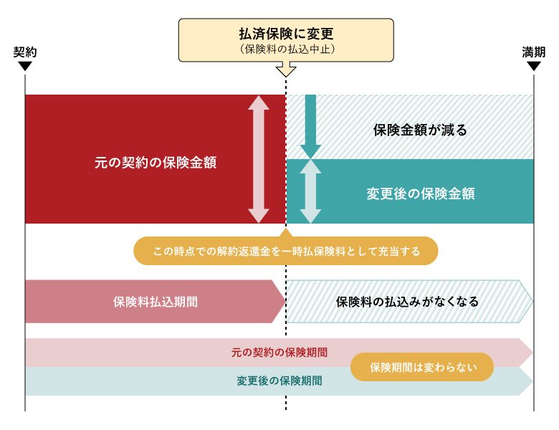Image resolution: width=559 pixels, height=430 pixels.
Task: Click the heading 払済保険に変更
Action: point(286,34)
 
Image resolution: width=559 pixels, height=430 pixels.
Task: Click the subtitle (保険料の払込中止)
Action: point(286,49)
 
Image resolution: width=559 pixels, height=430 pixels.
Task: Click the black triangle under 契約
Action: point(24,66)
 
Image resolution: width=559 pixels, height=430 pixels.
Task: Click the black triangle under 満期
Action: point(533,66)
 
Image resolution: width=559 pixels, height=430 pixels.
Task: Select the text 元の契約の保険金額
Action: point(156,163)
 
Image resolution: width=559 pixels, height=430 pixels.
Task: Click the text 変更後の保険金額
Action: point(421,193)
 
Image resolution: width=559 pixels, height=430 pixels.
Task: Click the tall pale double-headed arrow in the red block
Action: point(258,159)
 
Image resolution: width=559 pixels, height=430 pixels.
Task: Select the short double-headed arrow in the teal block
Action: point(310,191)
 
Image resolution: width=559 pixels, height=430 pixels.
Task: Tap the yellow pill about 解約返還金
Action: point(286,252)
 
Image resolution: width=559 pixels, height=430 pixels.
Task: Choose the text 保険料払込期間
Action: point(155,302)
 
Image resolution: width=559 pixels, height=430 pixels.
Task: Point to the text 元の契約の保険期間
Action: point(279,353)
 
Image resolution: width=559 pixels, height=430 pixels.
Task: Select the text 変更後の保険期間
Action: point(279,381)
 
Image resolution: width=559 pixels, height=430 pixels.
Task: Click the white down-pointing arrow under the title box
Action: point(286,70)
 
